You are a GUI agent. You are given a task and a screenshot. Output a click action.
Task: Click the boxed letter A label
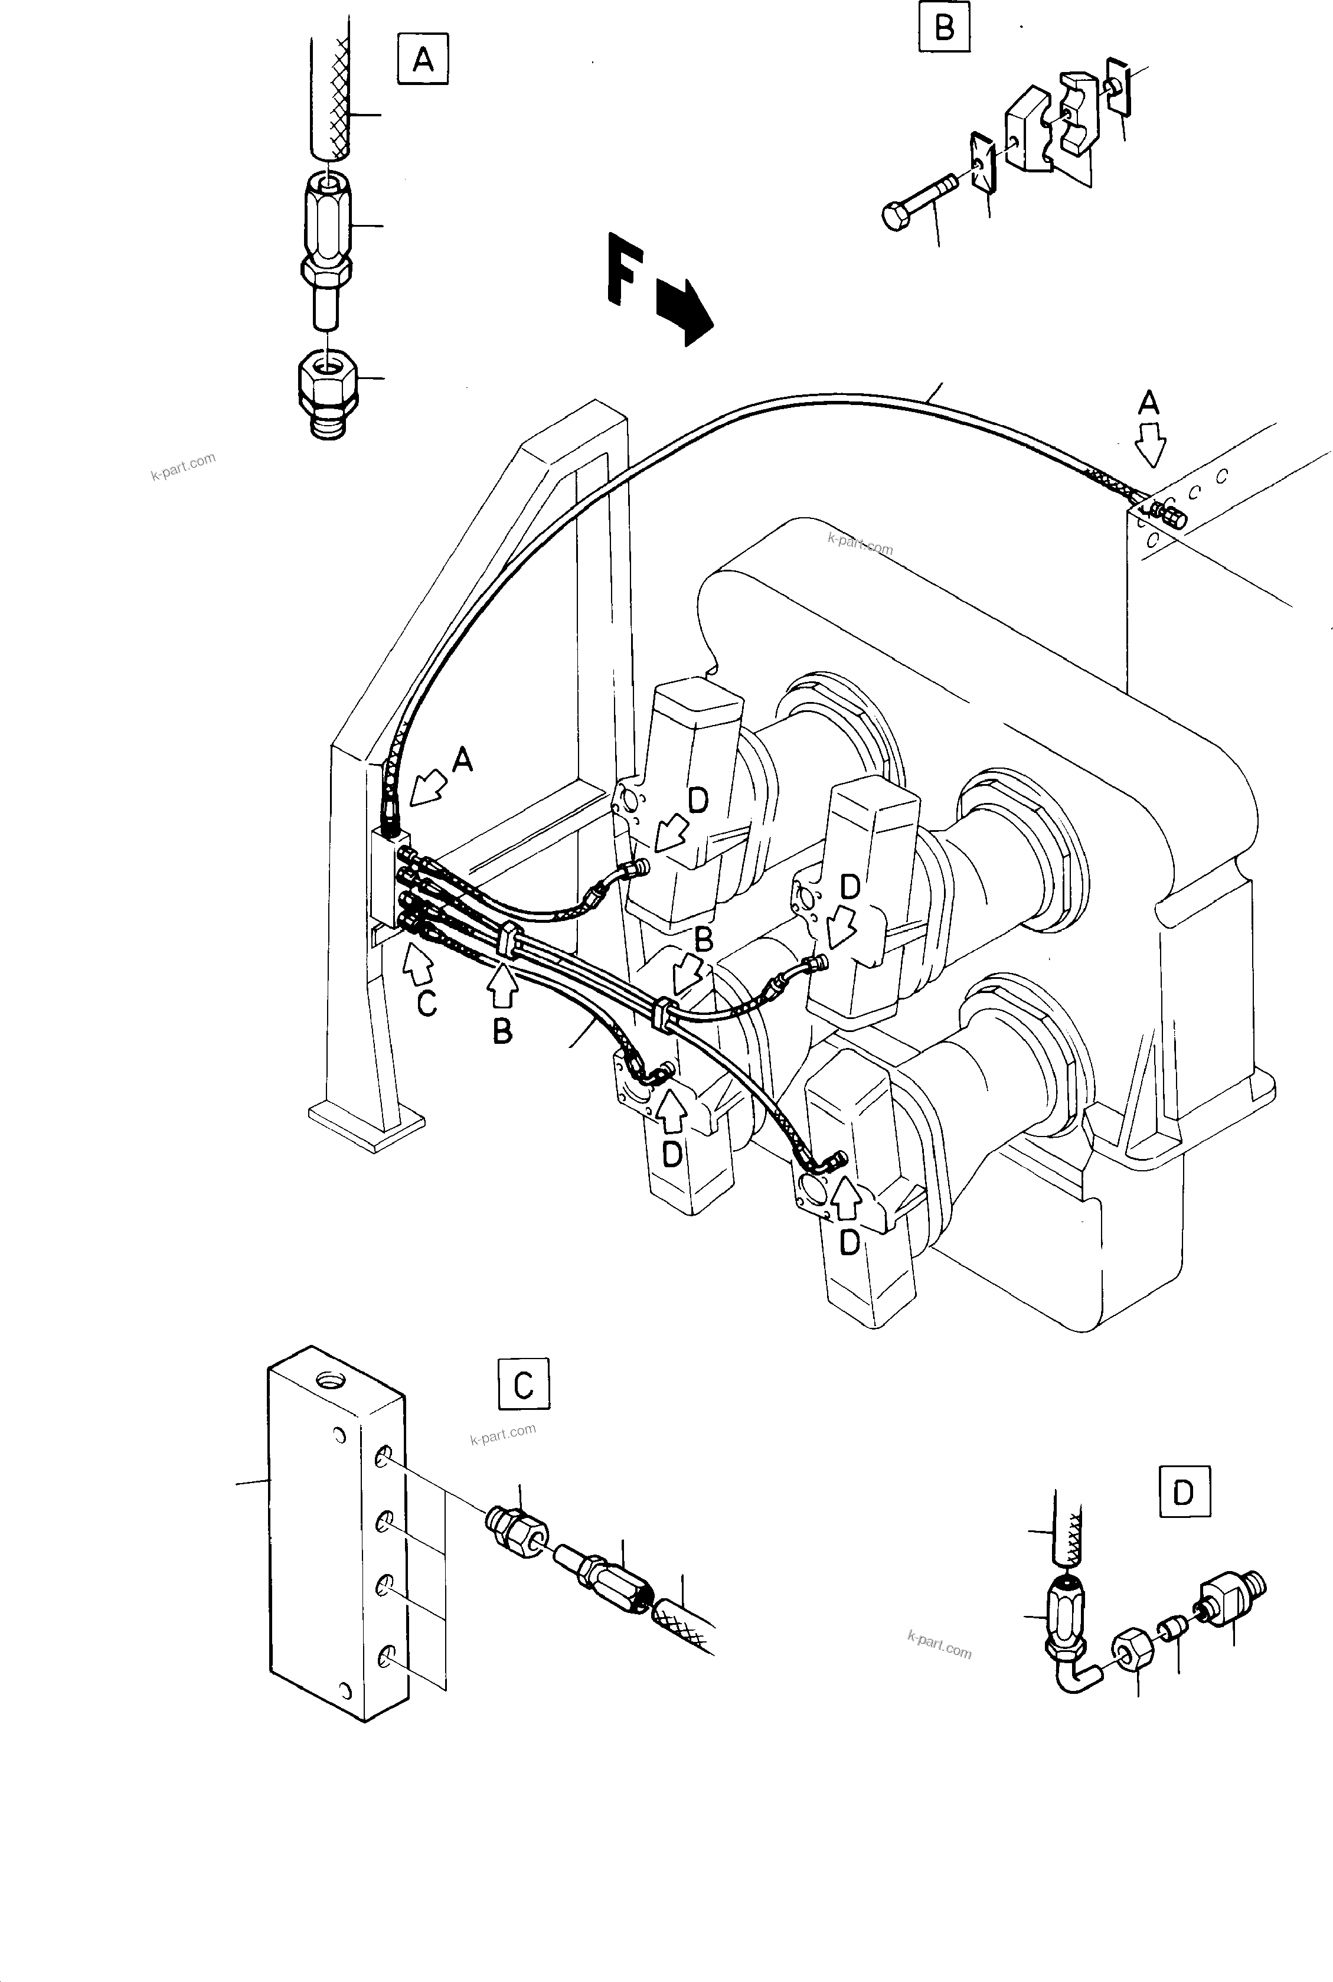(x=423, y=58)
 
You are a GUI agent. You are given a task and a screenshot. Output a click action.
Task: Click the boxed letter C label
(x=523, y=1385)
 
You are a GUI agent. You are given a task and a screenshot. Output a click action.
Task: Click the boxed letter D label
(x=1184, y=1492)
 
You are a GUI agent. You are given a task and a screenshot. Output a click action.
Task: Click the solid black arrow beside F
(x=685, y=313)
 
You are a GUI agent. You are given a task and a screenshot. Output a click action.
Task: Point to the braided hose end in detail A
(x=328, y=98)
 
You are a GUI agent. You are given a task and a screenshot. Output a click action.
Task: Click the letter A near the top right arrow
(x=1149, y=404)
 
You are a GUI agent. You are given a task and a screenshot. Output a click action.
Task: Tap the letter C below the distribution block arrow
(x=427, y=1004)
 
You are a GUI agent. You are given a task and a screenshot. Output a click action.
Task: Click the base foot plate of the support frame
(x=365, y=1121)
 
